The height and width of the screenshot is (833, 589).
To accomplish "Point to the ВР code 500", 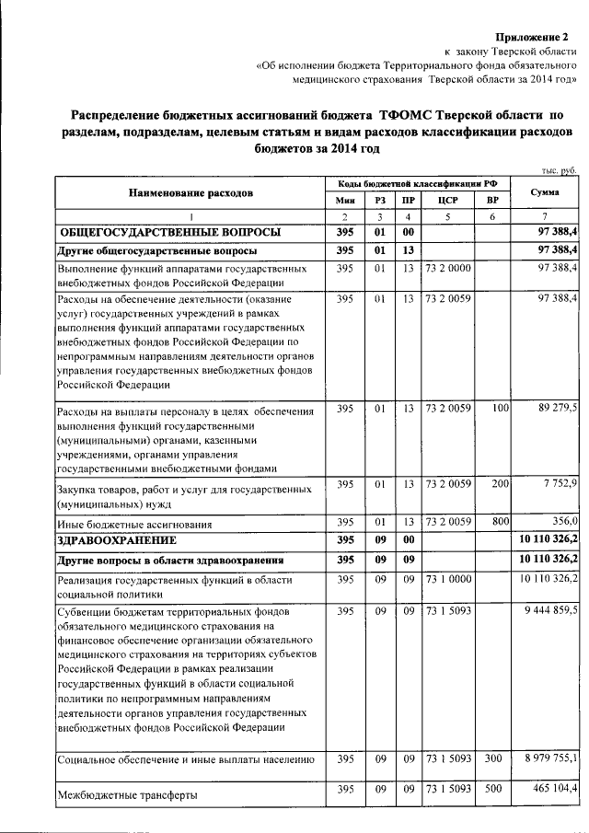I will pyautogui.click(x=495, y=790).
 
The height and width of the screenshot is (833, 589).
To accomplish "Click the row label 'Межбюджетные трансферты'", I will pyautogui.click(x=128, y=793).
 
